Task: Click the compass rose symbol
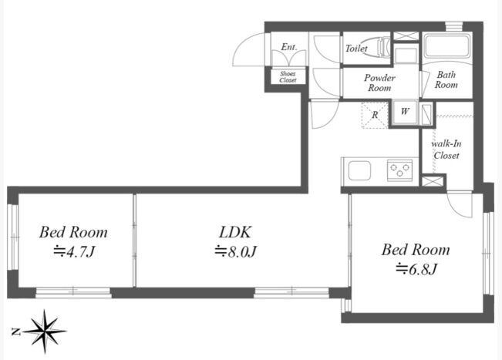coord(45,331)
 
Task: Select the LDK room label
coord(235,232)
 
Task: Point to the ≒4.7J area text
coord(74,252)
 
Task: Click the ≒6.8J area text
coord(416,269)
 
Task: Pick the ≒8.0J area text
coord(236,251)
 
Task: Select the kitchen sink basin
coord(359,170)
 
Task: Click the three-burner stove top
coord(400,170)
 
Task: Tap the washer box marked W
coord(405,112)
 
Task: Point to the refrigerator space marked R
coord(375,115)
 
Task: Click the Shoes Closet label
coord(288,77)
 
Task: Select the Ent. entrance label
coord(288,47)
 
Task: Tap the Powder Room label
coord(379,82)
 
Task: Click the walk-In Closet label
coord(446,150)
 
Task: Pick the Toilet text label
coord(356,49)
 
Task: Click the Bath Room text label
coord(446,79)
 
